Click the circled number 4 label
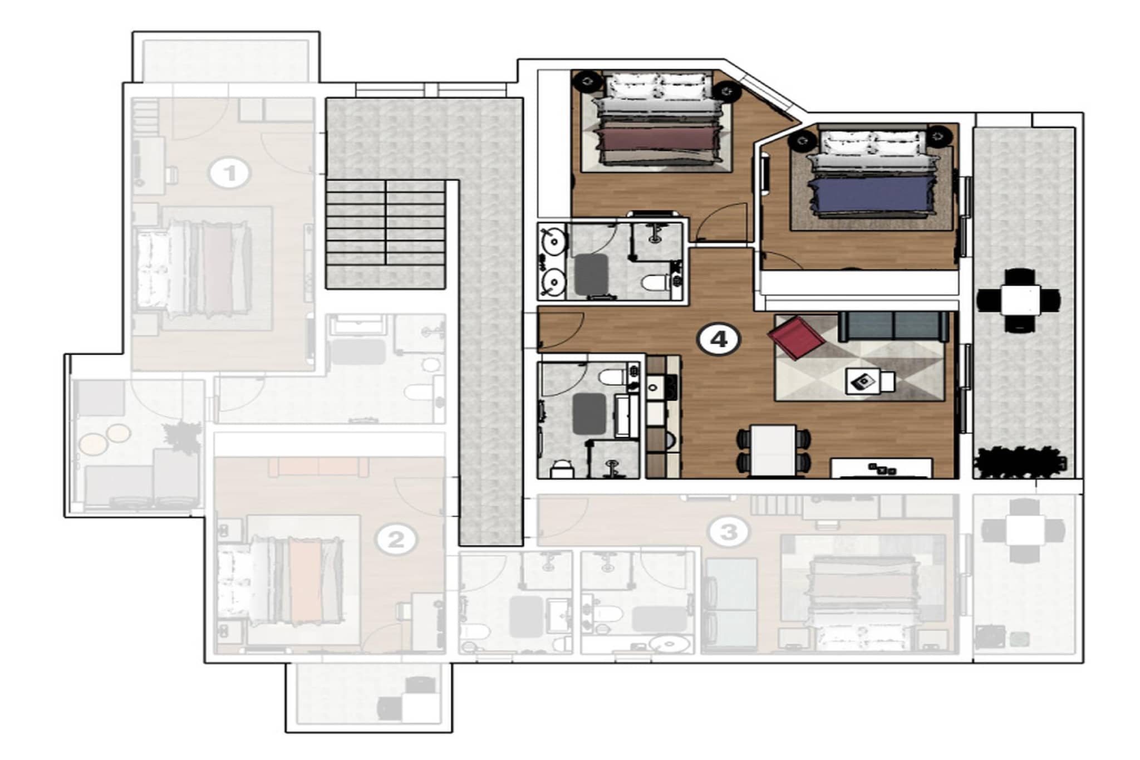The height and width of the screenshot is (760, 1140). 719,339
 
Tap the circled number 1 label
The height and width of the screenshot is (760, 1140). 229,173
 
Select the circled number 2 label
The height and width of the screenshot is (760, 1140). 395,540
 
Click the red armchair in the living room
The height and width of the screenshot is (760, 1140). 795,337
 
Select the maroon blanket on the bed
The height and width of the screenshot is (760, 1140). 657,139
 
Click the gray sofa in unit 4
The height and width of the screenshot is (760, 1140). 893,326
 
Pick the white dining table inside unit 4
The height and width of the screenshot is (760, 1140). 773,450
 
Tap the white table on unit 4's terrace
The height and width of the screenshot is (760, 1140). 1020,301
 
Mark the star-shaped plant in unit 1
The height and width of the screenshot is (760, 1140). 181,437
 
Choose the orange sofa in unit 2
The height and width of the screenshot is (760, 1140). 318,467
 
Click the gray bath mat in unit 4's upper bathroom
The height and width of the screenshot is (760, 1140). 591,274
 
